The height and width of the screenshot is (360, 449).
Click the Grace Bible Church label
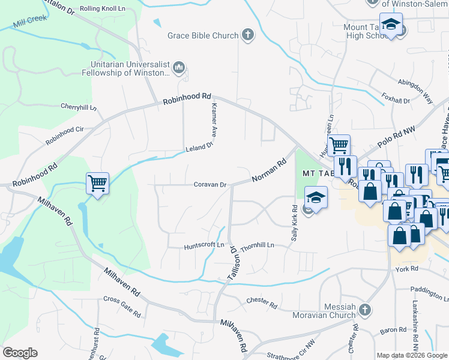pyautogui.click(x=203, y=35)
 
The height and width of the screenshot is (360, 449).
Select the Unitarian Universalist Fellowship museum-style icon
pyautogui.click(x=178, y=68)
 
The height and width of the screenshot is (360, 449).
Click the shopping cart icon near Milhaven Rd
pyautogui.click(x=97, y=183)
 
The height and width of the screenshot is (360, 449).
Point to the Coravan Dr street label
pyautogui.click(x=209, y=185)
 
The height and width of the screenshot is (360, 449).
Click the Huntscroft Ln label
pyautogui.click(x=203, y=245)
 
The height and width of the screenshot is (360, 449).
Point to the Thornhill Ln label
pyautogui.click(x=257, y=246)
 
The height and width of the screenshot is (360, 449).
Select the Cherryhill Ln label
pyautogui.click(x=79, y=107)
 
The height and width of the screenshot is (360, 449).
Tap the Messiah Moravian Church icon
pyautogui.click(x=364, y=310)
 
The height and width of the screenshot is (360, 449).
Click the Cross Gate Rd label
pyautogui.click(x=122, y=307)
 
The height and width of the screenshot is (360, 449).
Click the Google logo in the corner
pyautogui.click(x=20, y=352)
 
